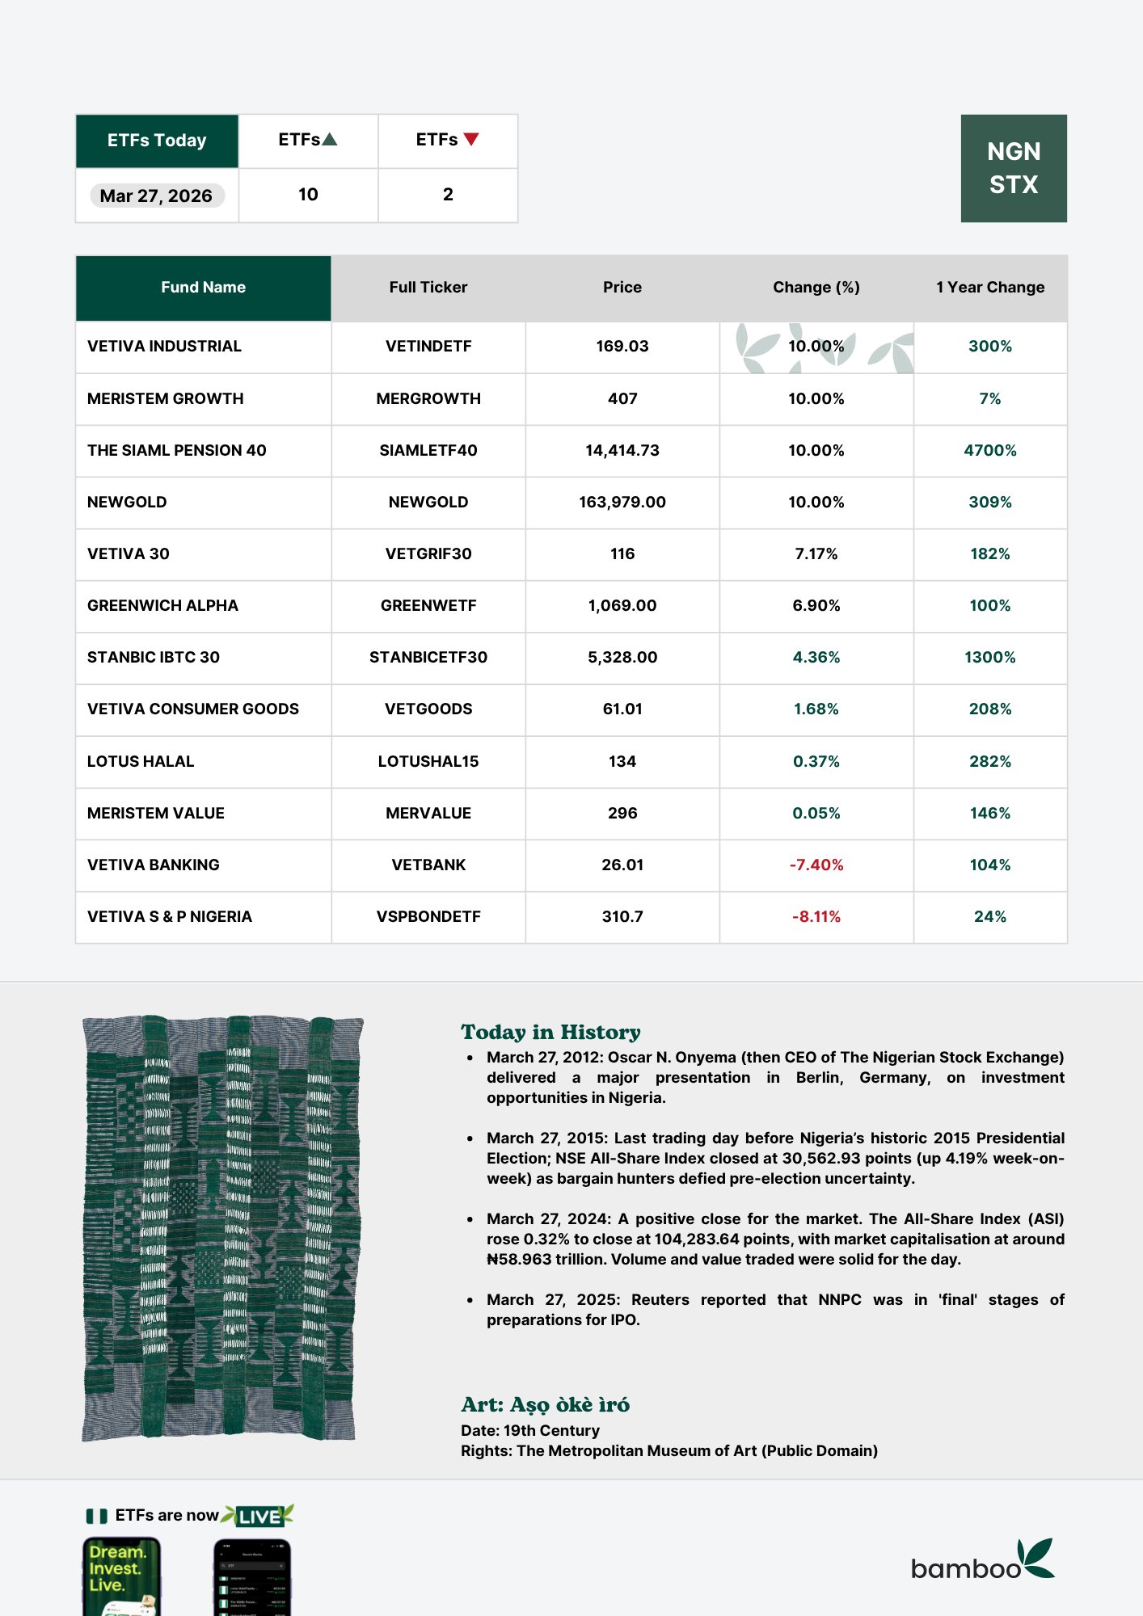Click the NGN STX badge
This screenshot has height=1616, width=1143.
1013,168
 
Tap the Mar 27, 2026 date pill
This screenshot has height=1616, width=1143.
156,196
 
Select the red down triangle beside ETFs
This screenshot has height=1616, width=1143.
471,139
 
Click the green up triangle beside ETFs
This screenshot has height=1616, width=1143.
330,139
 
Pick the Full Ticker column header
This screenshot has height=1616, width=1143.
428,287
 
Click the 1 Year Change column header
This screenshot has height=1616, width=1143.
989,287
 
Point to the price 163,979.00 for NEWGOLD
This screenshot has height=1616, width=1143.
622,502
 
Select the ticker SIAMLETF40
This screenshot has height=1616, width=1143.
428,450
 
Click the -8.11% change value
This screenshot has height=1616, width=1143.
816,916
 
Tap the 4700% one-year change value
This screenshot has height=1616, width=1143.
989,450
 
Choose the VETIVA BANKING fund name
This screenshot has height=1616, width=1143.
153,865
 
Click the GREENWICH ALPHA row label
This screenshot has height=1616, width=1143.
162,605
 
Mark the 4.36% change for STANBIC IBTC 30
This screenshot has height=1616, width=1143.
816,657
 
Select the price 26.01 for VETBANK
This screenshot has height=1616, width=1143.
622,865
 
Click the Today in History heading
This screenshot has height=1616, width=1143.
550,1032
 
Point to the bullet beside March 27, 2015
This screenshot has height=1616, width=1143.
470,1138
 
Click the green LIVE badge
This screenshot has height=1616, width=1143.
259,1516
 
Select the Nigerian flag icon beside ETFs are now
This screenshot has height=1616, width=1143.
96,1516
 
